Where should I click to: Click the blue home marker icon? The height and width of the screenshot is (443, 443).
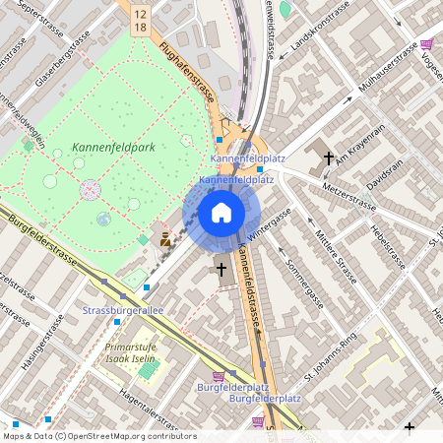[221, 212]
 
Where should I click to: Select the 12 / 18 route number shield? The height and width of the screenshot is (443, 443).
[139, 22]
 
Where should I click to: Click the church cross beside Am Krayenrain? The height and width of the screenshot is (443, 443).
[328, 157]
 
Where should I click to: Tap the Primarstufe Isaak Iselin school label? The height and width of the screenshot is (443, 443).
[131, 353]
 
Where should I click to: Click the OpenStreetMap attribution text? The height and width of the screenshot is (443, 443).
[98, 435]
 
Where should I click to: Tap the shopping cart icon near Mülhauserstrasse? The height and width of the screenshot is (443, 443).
[426, 44]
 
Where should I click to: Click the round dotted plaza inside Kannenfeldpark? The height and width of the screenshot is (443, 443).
[91, 187]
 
